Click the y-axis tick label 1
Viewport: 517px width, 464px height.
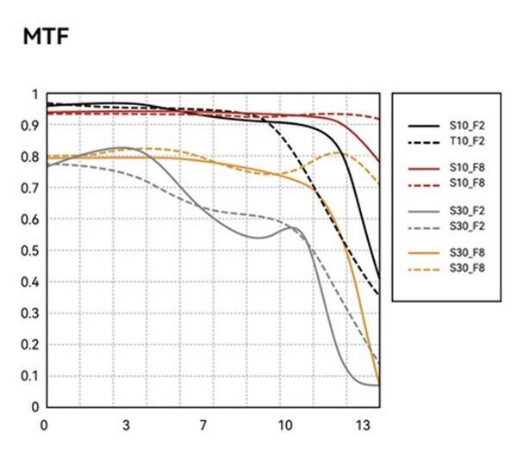coord(34,95)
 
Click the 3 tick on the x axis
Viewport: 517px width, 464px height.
coord(127,424)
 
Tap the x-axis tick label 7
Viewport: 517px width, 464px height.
coord(204,424)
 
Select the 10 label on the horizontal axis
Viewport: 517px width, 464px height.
coord(284,424)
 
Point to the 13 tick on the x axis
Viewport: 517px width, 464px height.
coord(364,424)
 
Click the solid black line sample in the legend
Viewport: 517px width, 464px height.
coord(422,125)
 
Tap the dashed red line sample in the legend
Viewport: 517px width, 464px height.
coord(422,183)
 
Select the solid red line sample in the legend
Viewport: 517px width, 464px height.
coord(422,167)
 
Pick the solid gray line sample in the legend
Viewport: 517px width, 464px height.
coord(422,211)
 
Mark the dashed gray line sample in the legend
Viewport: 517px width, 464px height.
coord(422,226)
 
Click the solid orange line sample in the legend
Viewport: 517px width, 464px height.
coord(422,253)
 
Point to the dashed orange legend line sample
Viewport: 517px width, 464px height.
coord(422,269)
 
